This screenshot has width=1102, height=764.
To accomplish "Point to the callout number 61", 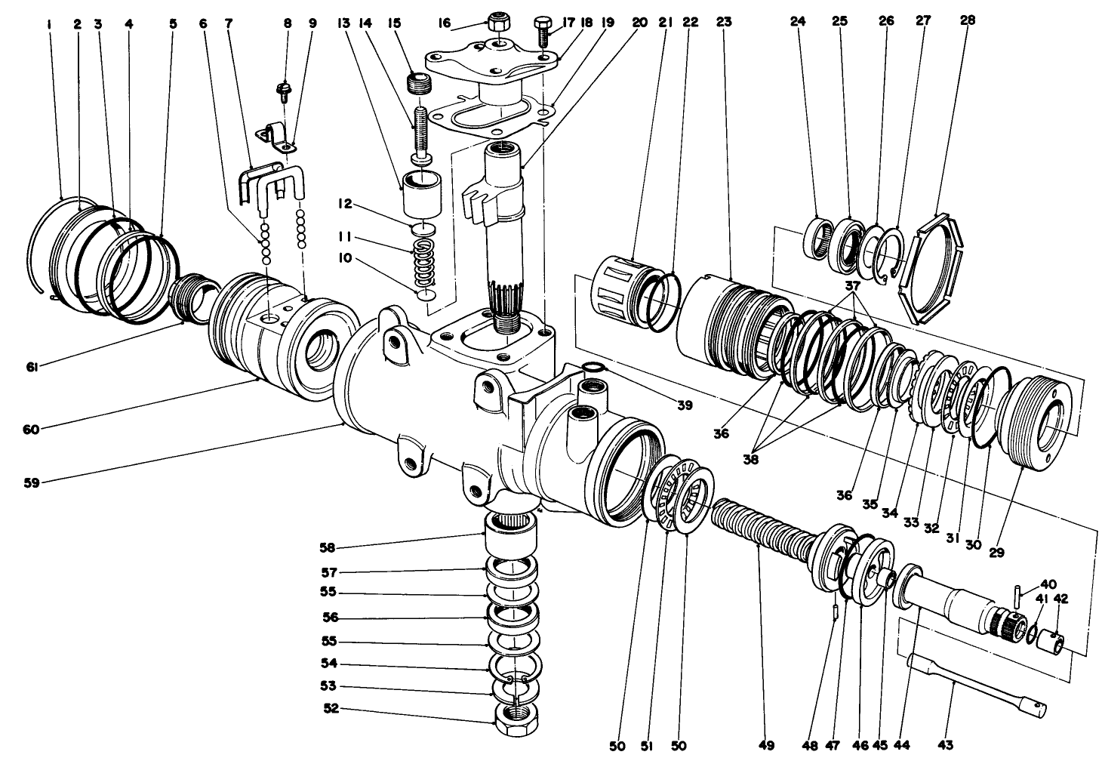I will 32,367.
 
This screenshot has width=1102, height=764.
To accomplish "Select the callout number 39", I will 684,405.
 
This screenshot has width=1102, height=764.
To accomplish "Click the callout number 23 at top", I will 723,22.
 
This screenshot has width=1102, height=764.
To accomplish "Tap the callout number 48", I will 832,745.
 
